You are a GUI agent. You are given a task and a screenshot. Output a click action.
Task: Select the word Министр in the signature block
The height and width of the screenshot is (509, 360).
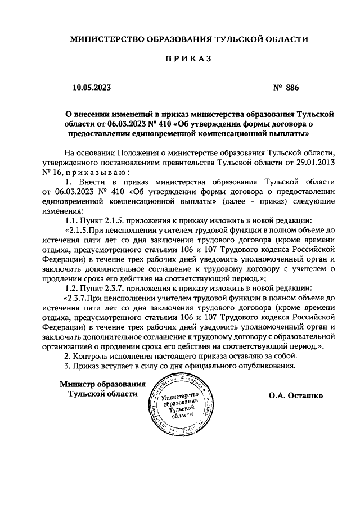tap(77, 384)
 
